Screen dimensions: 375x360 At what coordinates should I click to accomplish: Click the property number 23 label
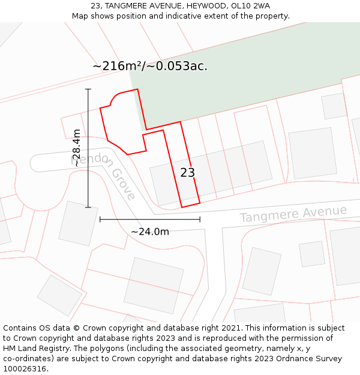[187, 173]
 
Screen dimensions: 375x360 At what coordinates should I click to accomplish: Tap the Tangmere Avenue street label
[293, 214]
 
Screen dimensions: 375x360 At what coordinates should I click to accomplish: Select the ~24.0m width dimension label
[150, 232]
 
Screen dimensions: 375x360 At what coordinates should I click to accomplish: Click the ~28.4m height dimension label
[76, 148]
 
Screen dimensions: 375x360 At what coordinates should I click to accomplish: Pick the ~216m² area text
[116, 66]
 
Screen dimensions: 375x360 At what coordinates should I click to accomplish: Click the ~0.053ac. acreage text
[180, 66]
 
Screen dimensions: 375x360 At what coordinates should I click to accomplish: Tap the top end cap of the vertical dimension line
[88, 89]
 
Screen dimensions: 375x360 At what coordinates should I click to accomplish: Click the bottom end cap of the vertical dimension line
[88, 208]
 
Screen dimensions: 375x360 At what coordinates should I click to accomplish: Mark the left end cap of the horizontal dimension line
[100, 220]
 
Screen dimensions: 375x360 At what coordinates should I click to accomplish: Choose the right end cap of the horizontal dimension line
[200, 220]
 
